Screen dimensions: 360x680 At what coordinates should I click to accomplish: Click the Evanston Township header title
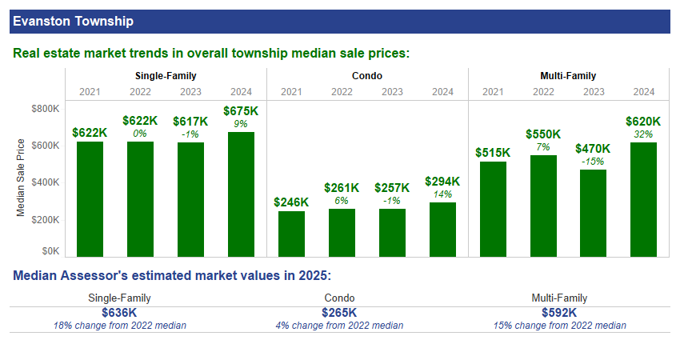pos(73,21)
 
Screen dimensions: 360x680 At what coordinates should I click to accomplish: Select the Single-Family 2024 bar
pos(241,194)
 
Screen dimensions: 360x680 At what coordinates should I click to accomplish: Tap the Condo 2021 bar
pos(291,234)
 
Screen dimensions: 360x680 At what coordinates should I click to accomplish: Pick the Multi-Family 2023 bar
pos(593,213)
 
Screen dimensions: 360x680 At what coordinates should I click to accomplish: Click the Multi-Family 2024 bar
pos(643,199)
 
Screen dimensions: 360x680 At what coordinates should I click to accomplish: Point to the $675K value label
pos(241,111)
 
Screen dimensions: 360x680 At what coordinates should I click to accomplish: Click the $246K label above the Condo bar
pos(291,202)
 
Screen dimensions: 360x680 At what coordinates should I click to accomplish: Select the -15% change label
pos(593,161)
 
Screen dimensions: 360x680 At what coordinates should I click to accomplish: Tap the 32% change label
pos(643,134)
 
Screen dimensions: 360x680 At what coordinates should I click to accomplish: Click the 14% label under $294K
pos(442,194)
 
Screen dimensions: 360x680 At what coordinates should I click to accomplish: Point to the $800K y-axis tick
pos(45,109)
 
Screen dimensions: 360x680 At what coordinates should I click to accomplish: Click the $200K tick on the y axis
pos(45,220)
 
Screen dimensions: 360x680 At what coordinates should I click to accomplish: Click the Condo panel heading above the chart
pos(366,77)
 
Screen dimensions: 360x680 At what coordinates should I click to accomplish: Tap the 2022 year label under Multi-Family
pos(543,92)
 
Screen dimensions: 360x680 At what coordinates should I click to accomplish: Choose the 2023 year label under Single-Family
pos(190,92)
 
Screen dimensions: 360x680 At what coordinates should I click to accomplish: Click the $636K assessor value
pos(119,313)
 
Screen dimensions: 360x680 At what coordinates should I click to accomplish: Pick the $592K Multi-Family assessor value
pos(559,313)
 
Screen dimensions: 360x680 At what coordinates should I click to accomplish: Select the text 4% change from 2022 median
pos(339,326)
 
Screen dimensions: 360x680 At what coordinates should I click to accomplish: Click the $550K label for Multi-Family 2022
pos(543,134)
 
